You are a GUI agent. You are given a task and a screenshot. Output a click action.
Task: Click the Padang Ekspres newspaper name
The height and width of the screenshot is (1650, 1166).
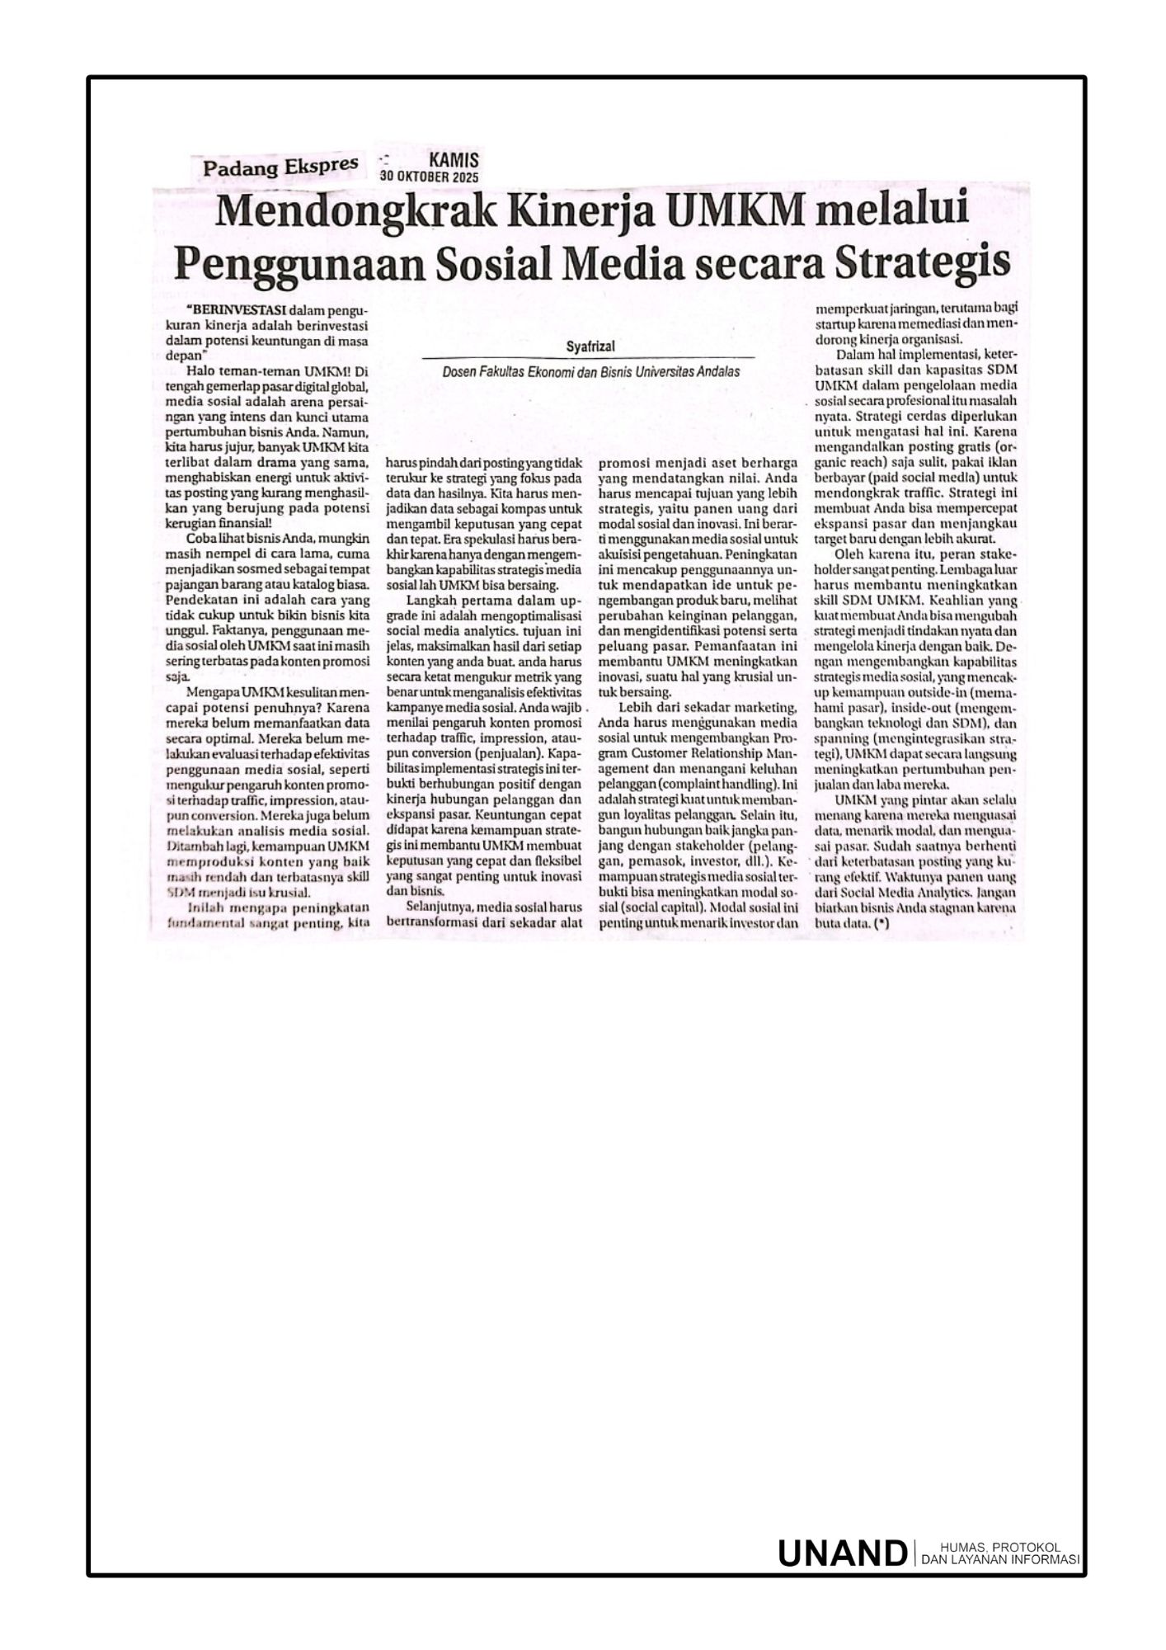coord(280,167)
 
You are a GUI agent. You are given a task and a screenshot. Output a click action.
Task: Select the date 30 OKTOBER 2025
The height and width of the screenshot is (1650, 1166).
coord(429,177)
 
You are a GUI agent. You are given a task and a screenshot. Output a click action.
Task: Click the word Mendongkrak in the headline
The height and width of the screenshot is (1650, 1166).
coord(355,213)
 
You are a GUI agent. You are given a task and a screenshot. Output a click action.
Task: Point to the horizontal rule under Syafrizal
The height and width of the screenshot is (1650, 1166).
coord(589,357)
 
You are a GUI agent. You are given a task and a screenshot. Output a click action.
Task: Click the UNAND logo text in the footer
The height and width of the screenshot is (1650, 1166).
coord(841,1553)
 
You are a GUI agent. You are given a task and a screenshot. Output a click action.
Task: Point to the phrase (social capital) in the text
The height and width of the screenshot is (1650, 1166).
coord(661,911)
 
